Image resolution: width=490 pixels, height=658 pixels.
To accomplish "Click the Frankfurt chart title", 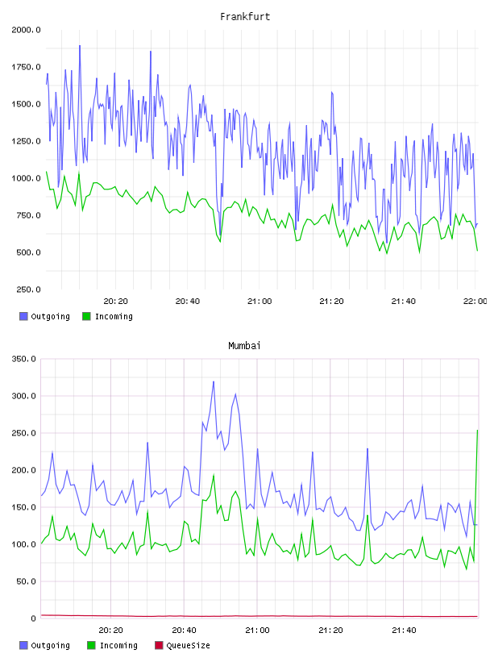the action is pyautogui.click(x=245, y=17).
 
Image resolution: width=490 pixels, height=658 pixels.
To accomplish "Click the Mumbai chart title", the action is pyautogui.click(x=244, y=346).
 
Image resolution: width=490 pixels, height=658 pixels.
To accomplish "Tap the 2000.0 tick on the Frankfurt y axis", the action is pyautogui.click(x=26, y=30).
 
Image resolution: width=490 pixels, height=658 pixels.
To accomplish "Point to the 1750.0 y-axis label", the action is pyautogui.click(x=26, y=67).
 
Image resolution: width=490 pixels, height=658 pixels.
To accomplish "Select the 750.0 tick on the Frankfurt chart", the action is pyautogui.click(x=28, y=215).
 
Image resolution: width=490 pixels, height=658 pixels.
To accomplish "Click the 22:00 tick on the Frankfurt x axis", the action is pyautogui.click(x=475, y=302).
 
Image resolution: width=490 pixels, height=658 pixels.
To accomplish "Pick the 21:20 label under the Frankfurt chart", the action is pyautogui.click(x=331, y=302).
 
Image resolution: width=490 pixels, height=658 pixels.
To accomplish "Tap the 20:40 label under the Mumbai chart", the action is pyautogui.click(x=184, y=631).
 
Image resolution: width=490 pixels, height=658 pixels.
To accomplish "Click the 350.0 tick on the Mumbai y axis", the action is pyautogui.click(x=24, y=359).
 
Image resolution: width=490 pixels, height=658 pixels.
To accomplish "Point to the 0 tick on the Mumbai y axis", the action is pyautogui.click(x=34, y=618).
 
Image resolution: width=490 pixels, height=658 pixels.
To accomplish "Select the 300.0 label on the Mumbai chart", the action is pyautogui.click(x=24, y=396).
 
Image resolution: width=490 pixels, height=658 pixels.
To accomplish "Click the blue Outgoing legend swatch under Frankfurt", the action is pyautogui.click(x=23, y=316).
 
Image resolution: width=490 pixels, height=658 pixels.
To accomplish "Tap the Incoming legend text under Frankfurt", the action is pyautogui.click(x=114, y=316).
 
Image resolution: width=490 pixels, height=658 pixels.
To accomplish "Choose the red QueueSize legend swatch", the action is pyautogui.click(x=159, y=645).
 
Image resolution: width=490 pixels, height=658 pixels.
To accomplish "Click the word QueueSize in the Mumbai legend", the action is pyautogui.click(x=188, y=645).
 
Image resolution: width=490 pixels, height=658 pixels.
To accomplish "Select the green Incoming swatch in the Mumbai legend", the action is pyautogui.click(x=91, y=645).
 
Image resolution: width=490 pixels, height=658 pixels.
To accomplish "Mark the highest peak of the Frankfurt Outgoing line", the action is pyautogui.click(x=80, y=46).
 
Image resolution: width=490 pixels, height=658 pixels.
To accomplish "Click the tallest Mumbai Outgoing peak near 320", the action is pyautogui.click(x=214, y=382).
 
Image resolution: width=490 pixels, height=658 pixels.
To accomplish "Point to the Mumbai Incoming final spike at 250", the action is pyautogui.click(x=477, y=431).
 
